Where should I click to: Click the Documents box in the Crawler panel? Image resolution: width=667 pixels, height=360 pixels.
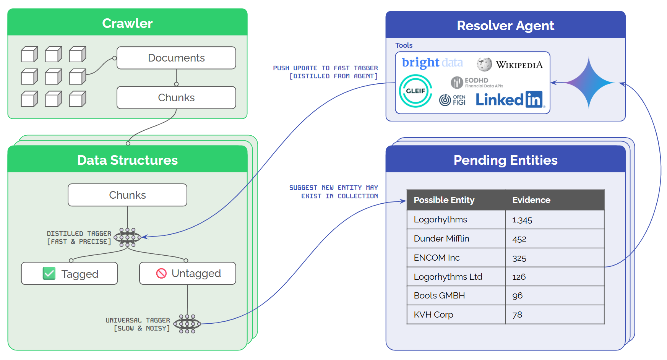pyautogui.click(x=176, y=58)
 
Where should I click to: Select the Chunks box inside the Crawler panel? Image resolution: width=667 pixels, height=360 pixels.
pyautogui.click(x=176, y=97)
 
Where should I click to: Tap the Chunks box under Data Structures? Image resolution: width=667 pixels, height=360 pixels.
pyautogui.click(x=127, y=195)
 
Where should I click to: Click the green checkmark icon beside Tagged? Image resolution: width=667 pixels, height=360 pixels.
pyautogui.click(x=49, y=273)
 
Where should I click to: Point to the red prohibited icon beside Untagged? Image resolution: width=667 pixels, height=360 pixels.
pyautogui.click(x=161, y=273)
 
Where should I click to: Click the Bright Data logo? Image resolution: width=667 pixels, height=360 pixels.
pyautogui.click(x=432, y=63)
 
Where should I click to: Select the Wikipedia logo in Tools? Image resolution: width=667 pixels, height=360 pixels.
pyautogui.click(x=510, y=65)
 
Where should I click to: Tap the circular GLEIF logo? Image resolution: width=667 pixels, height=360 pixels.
pyautogui.click(x=415, y=91)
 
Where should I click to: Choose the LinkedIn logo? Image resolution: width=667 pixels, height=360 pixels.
pyautogui.click(x=510, y=99)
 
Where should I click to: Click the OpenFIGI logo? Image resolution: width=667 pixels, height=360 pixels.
pyautogui.click(x=453, y=100)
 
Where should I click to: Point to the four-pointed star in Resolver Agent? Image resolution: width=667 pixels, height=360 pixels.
pyautogui.click(x=589, y=83)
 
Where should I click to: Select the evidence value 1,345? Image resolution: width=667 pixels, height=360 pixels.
pyautogui.click(x=522, y=220)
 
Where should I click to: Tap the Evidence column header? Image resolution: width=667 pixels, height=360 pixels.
pyautogui.click(x=531, y=200)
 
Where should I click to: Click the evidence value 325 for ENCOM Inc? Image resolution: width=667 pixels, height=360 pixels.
pyautogui.click(x=519, y=258)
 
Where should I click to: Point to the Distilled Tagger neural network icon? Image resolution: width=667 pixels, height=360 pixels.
pyautogui.click(x=127, y=237)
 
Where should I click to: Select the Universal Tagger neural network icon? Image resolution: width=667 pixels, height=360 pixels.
pyautogui.click(x=187, y=324)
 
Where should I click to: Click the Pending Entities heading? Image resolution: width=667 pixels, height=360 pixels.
pyautogui.click(x=505, y=160)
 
